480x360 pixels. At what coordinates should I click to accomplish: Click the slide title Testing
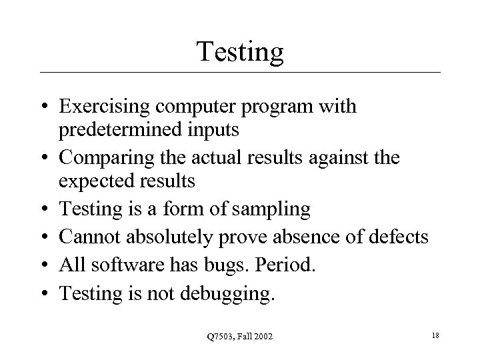[x=240, y=51]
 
